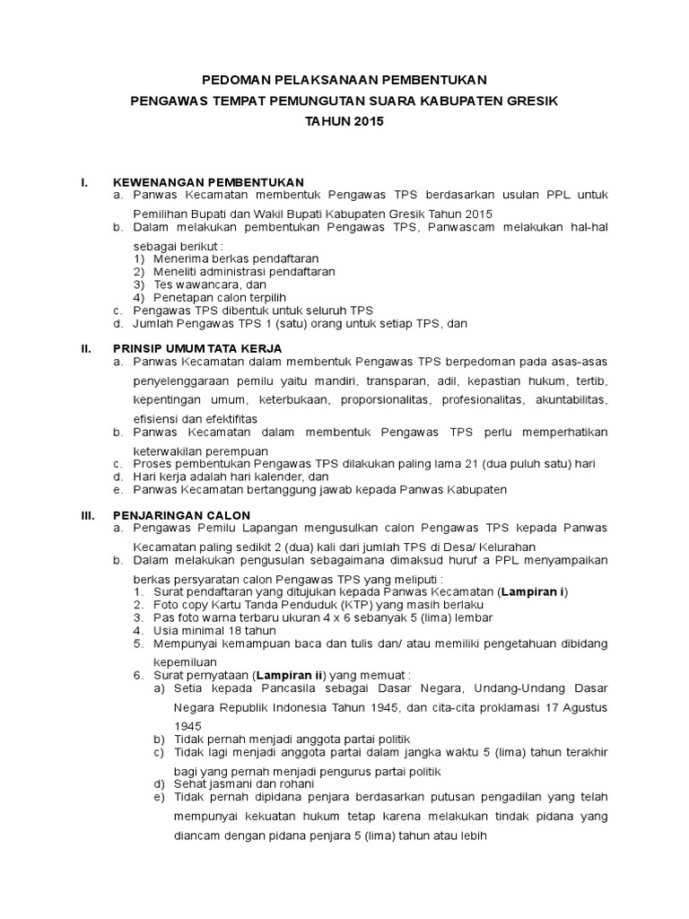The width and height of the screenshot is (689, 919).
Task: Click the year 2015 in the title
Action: [364, 121]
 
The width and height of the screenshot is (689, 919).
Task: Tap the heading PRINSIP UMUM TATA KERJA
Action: [197, 347]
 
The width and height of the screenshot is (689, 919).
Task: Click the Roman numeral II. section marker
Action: [86, 347]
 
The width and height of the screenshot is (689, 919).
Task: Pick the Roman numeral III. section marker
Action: [88, 516]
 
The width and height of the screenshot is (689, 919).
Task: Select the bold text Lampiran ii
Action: [290, 675]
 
